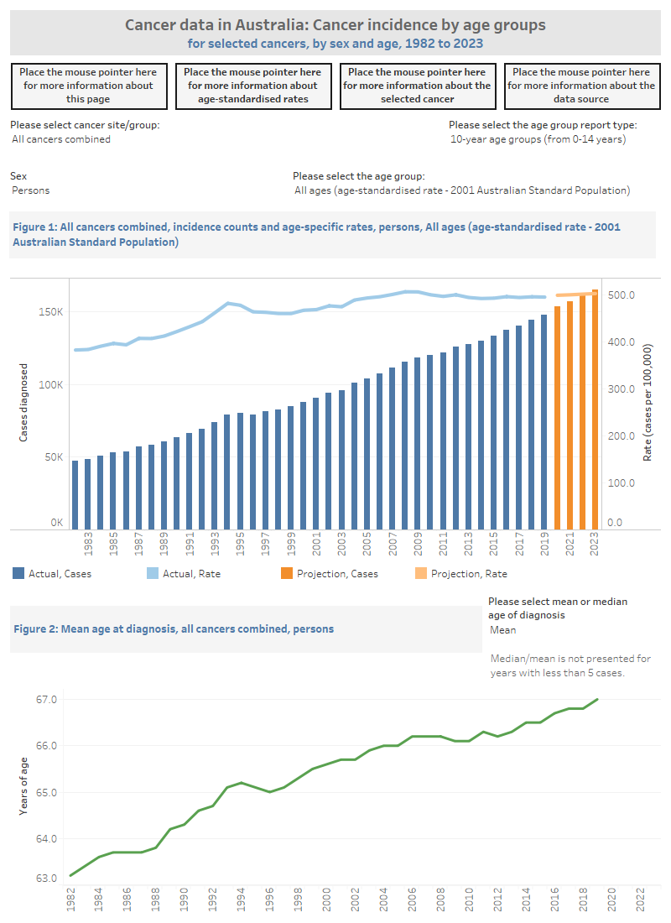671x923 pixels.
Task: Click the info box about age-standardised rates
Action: [252, 86]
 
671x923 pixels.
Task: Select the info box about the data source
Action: [581, 86]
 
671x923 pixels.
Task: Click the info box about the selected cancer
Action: [417, 86]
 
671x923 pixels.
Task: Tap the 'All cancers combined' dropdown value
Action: [61, 139]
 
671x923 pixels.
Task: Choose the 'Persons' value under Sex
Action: [31, 190]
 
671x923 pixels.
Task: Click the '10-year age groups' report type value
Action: [538, 139]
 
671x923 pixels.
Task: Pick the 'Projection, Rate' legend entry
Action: [467, 574]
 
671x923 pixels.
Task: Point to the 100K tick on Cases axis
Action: [52, 385]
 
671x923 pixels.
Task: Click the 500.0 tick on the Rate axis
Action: [622, 295]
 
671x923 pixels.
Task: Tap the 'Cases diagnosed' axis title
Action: [24, 403]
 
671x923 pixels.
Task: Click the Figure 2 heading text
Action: [172, 629]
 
